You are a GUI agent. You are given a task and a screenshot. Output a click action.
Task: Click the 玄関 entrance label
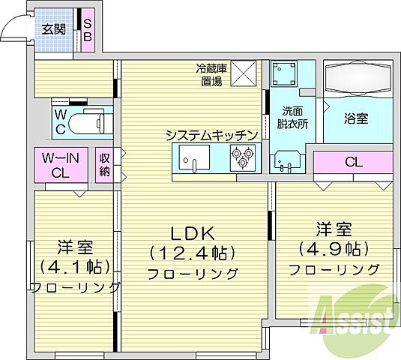click(x=53, y=30)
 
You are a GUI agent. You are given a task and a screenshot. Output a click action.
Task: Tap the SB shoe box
click(x=87, y=31)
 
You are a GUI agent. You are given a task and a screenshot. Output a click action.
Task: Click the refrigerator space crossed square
click(x=244, y=73)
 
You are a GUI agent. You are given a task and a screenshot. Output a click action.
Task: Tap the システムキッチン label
click(x=212, y=135)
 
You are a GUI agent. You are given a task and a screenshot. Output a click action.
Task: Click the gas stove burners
click(x=243, y=157)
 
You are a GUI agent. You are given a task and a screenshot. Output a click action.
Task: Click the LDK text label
click(x=193, y=232)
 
